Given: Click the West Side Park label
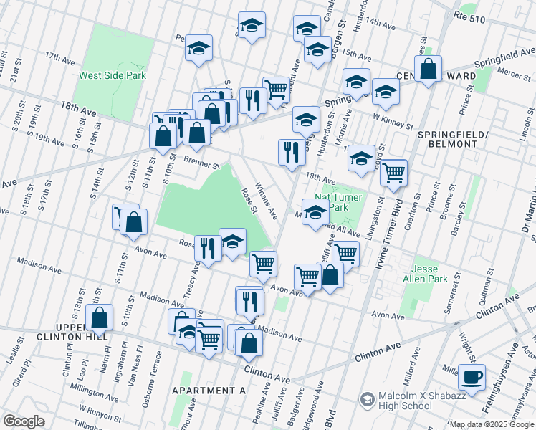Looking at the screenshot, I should pyautogui.click(x=113, y=75).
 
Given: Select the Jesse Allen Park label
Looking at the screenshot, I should pyautogui.click(x=429, y=273).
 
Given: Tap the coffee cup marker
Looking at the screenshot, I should pyautogui.click(x=472, y=376).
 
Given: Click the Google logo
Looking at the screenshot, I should pyautogui.click(x=24, y=421).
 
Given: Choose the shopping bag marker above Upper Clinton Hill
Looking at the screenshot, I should pyautogui.click(x=100, y=317).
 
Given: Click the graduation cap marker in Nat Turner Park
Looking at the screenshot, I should pyautogui.click(x=315, y=211).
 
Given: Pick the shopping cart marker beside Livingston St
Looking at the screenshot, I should pyautogui.click(x=393, y=172).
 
